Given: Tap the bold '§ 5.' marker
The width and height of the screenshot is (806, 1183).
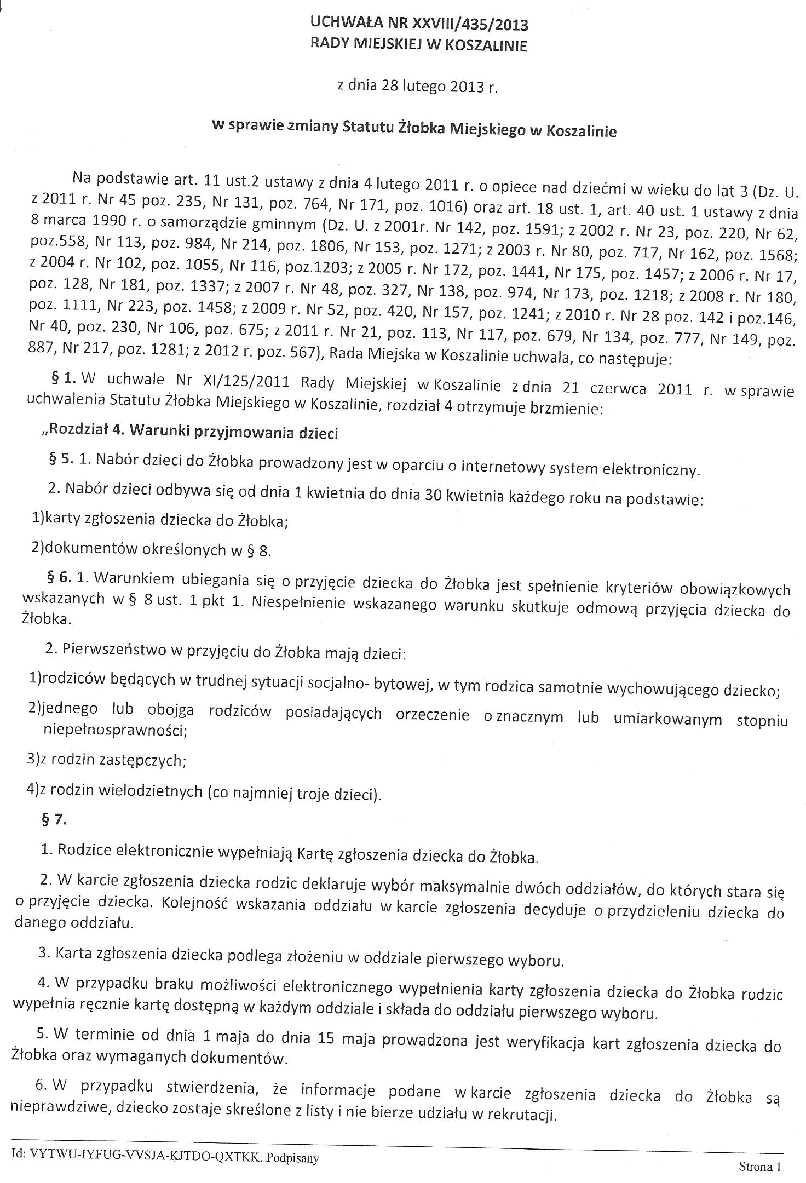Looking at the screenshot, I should pos(61,459).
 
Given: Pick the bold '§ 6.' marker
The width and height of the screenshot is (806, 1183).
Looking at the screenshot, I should pos(60,578).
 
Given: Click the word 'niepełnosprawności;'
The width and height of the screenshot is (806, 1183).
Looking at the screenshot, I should pos(114,731).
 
